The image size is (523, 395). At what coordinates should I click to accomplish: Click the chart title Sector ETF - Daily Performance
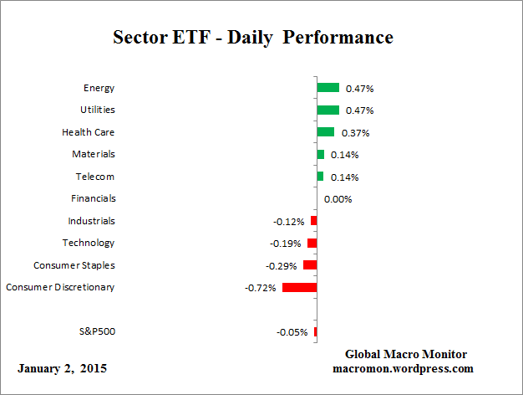tap(252, 38)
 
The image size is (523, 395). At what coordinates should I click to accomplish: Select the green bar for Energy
tap(328, 87)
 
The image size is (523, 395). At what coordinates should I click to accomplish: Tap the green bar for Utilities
tap(328, 110)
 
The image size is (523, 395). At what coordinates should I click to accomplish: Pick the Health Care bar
tap(325, 131)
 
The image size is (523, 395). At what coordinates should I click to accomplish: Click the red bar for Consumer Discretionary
tap(299, 287)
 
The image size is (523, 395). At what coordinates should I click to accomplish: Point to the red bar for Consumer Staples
tap(310, 264)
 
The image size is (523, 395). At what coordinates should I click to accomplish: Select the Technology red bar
tap(312, 243)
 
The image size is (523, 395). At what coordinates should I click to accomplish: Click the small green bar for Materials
tap(320, 154)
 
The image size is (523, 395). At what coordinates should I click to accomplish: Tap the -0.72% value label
tap(261, 288)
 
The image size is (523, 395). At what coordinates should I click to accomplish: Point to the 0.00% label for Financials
tap(338, 199)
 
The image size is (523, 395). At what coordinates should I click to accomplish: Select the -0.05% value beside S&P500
tap(292, 332)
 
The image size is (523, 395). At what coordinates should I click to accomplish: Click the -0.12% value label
tap(289, 222)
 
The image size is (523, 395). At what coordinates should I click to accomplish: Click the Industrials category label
tap(92, 221)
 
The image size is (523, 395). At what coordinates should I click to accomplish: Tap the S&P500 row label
tap(96, 331)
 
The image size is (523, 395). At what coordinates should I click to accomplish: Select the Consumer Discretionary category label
tap(60, 287)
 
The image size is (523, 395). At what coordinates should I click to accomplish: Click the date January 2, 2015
tap(62, 368)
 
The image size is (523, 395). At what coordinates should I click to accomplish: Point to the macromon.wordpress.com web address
tap(404, 368)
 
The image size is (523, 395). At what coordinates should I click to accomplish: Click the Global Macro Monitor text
tap(405, 354)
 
